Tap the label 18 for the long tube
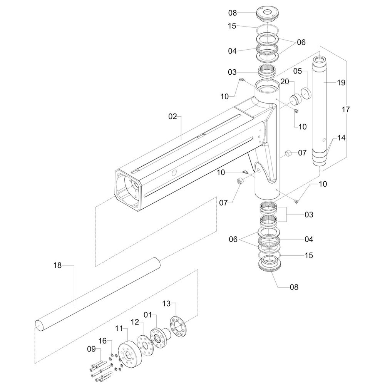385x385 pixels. [x=57, y=265]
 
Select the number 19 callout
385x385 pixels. [x=341, y=82]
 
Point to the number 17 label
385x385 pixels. [x=346, y=110]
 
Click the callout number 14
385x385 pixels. [x=341, y=137]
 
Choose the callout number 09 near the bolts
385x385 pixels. [x=91, y=349]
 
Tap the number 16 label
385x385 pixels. [x=102, y=340]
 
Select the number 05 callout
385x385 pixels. [x=298, y=71]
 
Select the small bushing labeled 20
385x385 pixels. [x=295, y=100]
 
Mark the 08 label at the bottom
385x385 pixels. [x=294, y=287]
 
